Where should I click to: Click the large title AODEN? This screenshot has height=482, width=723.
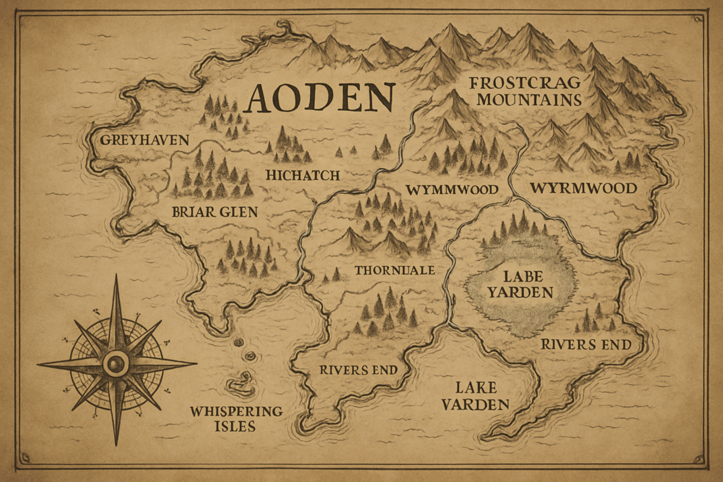(319, 97)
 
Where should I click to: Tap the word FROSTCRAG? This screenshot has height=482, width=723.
(525, 83)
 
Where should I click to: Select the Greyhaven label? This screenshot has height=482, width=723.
(145, 140)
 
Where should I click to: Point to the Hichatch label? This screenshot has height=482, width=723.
(303, 175)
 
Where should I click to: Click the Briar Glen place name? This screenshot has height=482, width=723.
(215, 212)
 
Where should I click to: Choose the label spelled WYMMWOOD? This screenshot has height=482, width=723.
(452, 190)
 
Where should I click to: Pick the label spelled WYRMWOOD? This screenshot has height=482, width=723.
(583, 188)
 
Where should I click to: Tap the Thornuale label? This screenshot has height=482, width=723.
(394, 270)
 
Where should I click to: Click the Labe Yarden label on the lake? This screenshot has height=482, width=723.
(520, 284)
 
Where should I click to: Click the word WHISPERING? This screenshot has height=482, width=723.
(236, 411)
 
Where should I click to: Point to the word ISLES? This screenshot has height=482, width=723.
(235, 426)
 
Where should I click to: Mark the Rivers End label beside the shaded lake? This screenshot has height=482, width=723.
(586, 345)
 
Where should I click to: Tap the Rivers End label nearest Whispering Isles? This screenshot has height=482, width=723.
(358, 370)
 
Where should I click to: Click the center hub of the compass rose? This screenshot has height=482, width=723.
(115, 364)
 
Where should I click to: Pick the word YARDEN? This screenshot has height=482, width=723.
(520, 292)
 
